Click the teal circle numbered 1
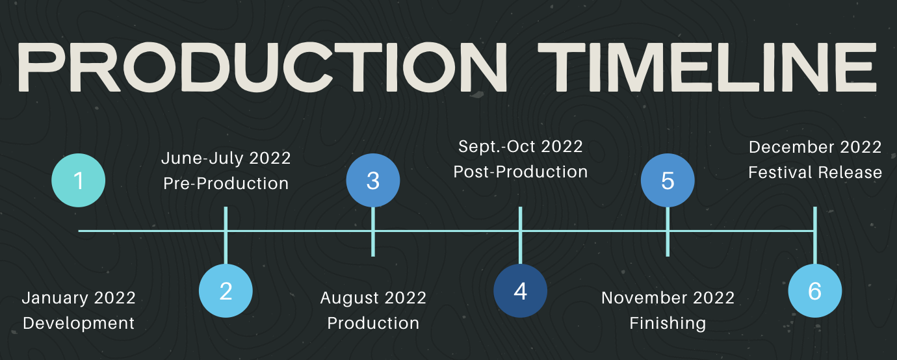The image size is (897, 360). (79, 180)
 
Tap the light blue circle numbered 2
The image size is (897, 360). (226, 290)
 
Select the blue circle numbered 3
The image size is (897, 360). (373, 180)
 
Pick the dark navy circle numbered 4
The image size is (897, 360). (520, 290)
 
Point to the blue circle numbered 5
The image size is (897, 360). (668, 180)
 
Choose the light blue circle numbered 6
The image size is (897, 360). (815, 290)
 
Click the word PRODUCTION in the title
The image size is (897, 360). (263, 68)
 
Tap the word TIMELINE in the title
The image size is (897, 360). (707, 68)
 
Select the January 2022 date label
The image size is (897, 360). (79, 298)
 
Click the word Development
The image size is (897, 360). (79, 323)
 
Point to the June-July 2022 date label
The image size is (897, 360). (226, 158)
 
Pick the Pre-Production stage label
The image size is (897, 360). (226, 183)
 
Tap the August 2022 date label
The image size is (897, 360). (373, 298)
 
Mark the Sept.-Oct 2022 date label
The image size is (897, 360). (520, 147)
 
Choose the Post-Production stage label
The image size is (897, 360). (521, 172)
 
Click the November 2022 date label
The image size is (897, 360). (668, 298)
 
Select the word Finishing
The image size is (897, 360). (668, 324)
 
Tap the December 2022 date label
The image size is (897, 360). (815, 147)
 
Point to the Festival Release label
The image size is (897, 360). (815, 173)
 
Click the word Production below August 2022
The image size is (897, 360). (373, 323)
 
